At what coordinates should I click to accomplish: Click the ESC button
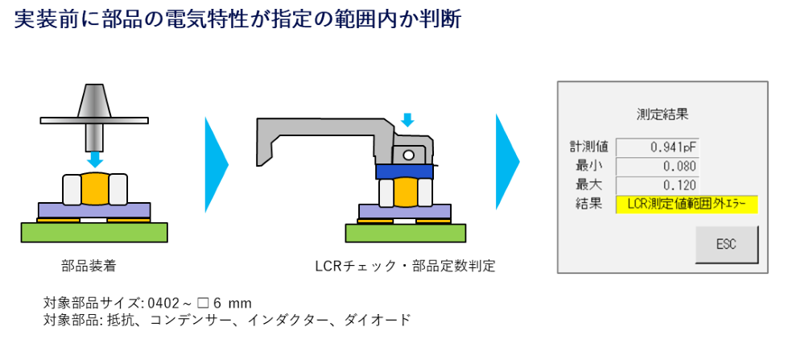[726, 244]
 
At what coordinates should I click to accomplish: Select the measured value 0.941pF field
[657, 147]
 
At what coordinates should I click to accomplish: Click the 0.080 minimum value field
[657, 166]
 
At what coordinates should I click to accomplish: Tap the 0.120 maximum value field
[657, 185]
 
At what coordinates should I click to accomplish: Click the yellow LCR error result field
[687, 205]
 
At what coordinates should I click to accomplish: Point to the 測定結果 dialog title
[662, 114]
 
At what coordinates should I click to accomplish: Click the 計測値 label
[588, 147]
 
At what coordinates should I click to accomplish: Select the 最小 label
[588, 166]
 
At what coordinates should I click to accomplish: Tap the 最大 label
[588, 185]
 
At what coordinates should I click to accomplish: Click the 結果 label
[588, 205]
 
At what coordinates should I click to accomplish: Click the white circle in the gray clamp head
[409, 155]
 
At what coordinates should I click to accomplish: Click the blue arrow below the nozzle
[95, 159]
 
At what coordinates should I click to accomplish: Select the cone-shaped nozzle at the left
[94, 102]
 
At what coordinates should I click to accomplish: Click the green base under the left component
[94, 232]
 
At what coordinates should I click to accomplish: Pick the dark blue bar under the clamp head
[405, 172]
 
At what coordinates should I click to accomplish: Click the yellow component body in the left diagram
[95, 188]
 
